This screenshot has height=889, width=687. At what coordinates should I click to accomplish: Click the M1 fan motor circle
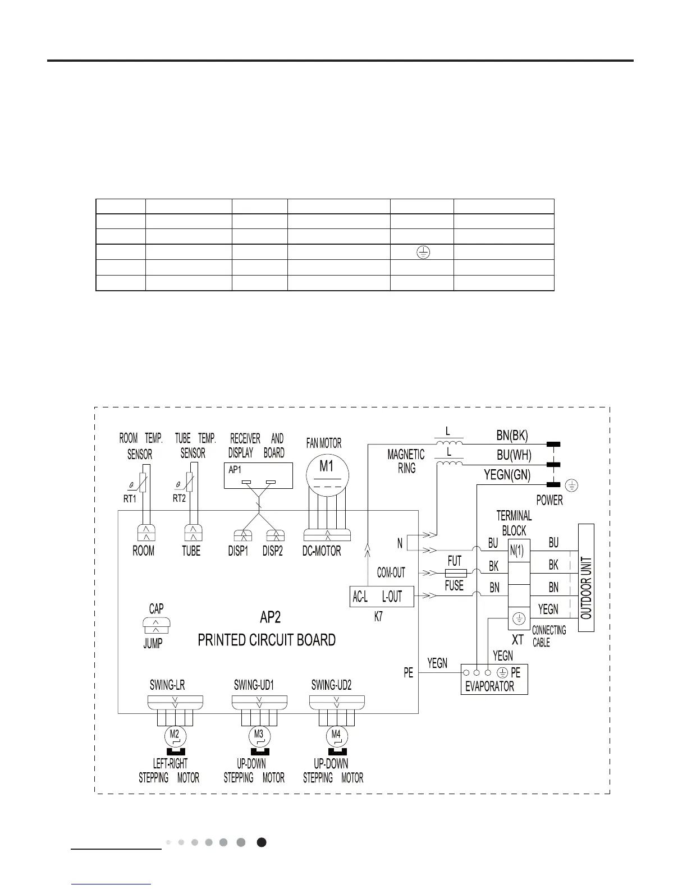point(326,474)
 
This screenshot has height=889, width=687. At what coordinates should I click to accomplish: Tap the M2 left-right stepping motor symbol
point(175,735)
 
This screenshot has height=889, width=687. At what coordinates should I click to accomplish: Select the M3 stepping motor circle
point(259,735)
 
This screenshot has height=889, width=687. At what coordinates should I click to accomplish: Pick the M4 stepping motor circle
point(336,735)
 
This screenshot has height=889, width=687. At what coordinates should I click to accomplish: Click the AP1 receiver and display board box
point(258,476)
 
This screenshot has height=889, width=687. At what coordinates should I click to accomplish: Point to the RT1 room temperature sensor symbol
point(143,482)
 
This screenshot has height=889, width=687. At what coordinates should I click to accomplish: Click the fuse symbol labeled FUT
point(455,573)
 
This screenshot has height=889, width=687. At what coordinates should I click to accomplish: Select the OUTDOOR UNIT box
point(586,578)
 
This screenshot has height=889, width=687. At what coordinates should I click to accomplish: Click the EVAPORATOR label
point(489,686)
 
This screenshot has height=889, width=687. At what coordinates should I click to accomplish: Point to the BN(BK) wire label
point(512,435)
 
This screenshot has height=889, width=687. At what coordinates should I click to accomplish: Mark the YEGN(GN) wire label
point(507,475)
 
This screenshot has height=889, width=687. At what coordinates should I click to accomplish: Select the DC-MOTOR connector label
point(322,551)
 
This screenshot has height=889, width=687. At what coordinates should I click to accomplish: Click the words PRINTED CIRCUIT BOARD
point(267,640)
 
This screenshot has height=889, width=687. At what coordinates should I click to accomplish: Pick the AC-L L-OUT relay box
point(381,597)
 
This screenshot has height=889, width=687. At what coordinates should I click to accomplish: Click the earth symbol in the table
point(423,253)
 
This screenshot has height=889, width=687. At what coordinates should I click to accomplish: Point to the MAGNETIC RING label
point(406,461)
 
